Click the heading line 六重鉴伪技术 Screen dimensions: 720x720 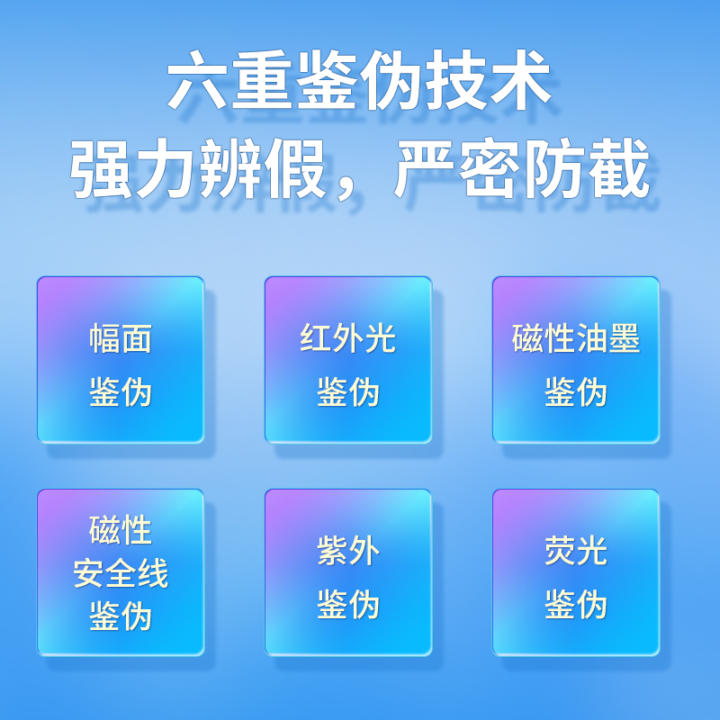[359, 80]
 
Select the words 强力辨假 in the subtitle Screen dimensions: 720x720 [198, 168]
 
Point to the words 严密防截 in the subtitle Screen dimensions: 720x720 [522, 168]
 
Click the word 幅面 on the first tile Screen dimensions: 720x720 [121, 339]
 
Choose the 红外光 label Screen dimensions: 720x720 [347, 339]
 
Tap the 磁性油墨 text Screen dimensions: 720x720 [576, 339]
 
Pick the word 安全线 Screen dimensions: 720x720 [121, 573]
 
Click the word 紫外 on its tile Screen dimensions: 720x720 [348, 551]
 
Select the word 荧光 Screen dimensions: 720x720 [576, 551]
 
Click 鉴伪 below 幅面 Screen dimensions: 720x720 [121, 392]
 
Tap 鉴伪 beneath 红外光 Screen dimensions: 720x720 [348, 392]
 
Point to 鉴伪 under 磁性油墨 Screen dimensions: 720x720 [576, 392]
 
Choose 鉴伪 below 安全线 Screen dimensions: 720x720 [121, 616]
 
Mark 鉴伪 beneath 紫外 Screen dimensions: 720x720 [348, 604]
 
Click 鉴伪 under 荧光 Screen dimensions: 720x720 [576, 604]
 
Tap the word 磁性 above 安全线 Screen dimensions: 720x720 [121, 530]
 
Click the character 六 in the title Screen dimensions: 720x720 [197, 80]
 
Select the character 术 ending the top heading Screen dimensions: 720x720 [521, 80]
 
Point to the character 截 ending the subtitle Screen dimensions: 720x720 [619, 168]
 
